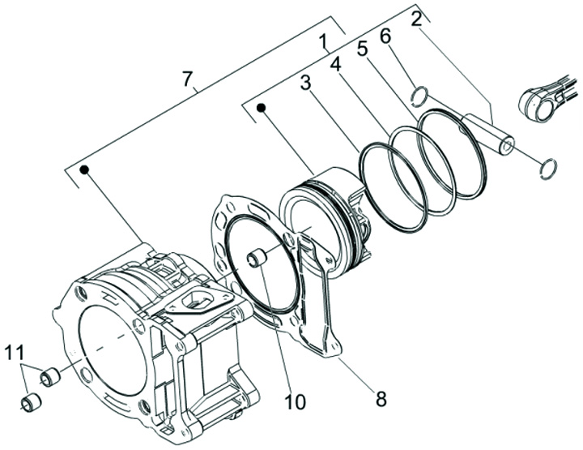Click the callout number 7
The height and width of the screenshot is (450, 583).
coord(188,79)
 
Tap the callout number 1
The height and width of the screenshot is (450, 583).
coord(323,43)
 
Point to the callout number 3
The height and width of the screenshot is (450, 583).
coord(305,83)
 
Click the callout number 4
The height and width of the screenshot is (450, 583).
coord(336,64)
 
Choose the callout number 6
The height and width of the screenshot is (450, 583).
coord(385,36)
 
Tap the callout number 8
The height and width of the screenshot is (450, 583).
coord(381,399)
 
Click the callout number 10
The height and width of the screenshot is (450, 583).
coord(296,401)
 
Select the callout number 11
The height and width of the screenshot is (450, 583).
coord(15,352)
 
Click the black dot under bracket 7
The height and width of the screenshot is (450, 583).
coord(85,169)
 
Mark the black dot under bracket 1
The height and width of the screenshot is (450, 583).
coord(262,108)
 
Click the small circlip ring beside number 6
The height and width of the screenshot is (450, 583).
coord(419,94)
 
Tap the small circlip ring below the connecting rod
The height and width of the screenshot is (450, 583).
coord(548,168)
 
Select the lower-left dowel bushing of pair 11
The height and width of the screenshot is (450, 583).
coord(31,404)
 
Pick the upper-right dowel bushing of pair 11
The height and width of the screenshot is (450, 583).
coord(50,377)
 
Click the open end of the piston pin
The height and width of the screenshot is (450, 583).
coord(507,147)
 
